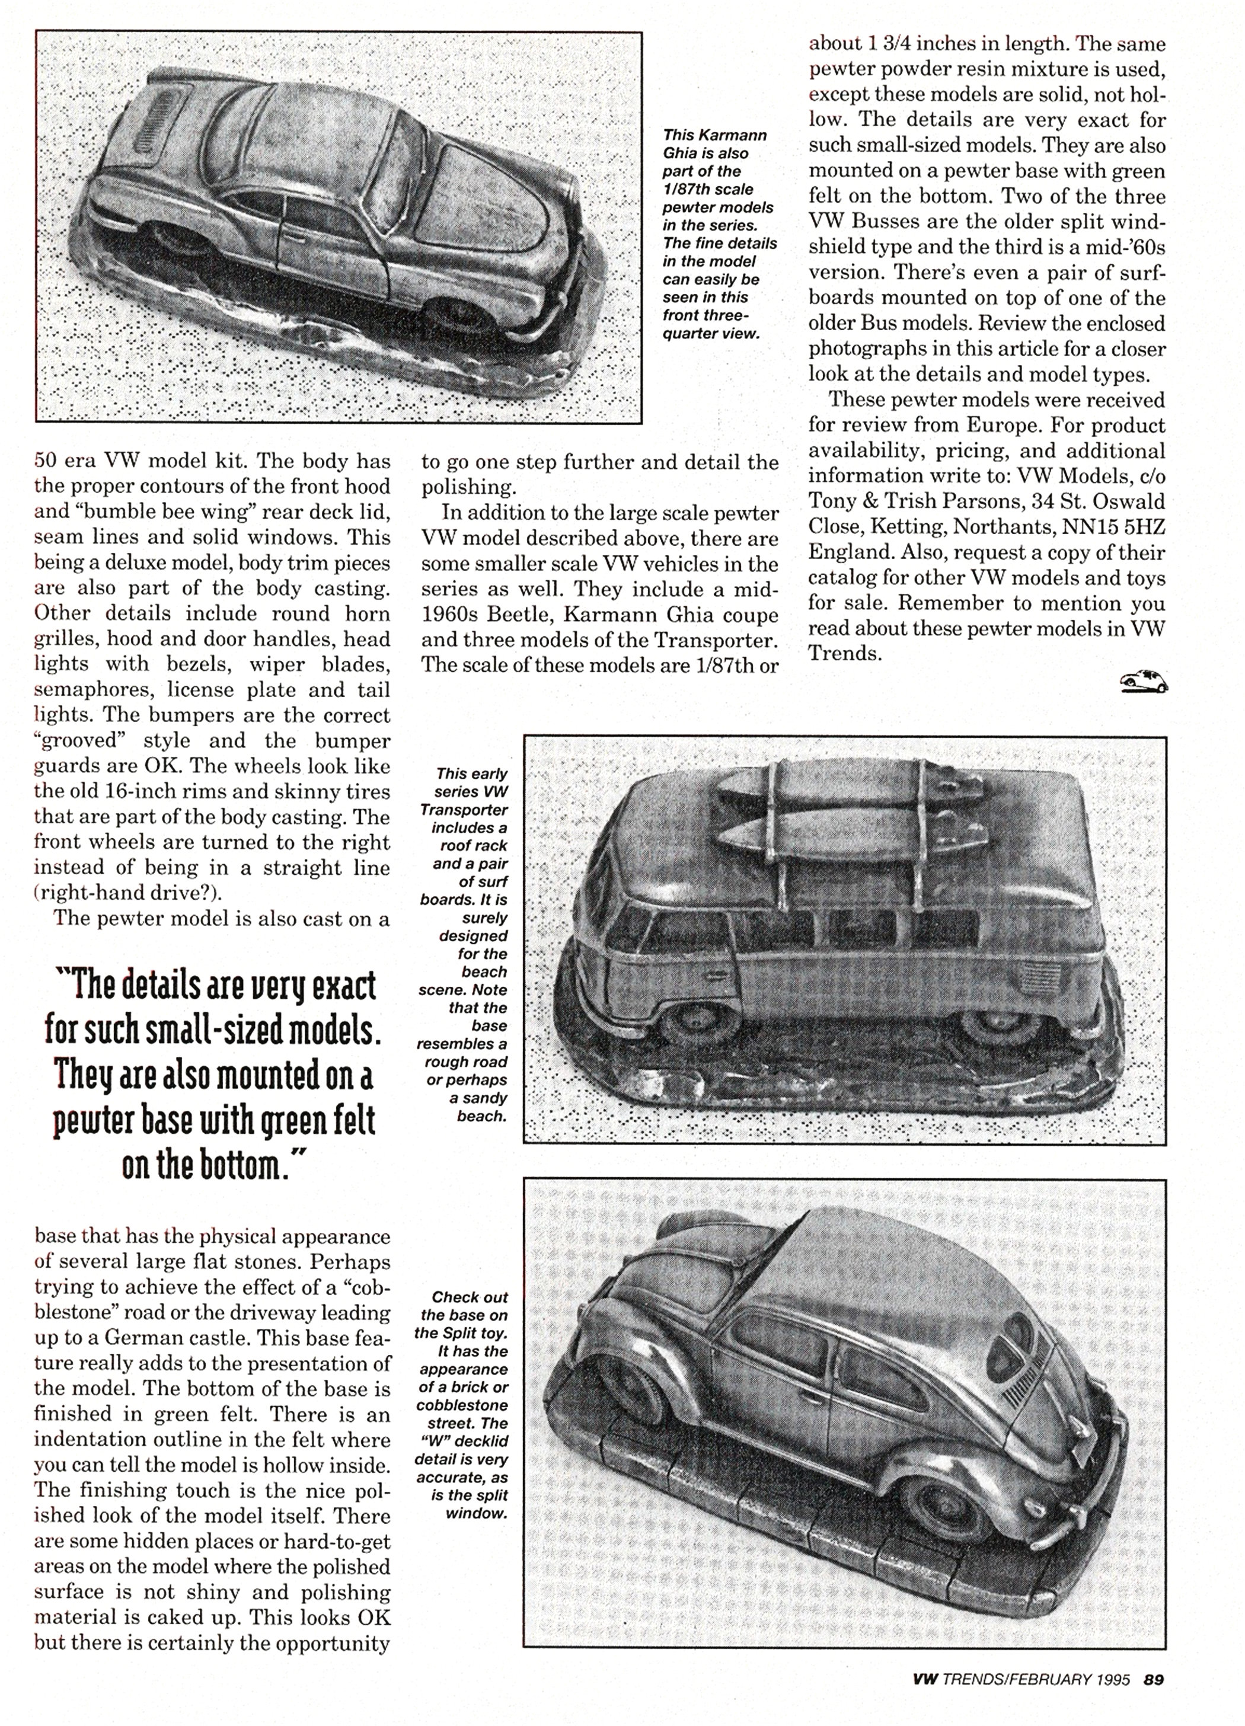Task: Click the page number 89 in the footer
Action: [x=1154, y=1678]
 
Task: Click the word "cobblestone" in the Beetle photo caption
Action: [x=462, y=1405]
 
